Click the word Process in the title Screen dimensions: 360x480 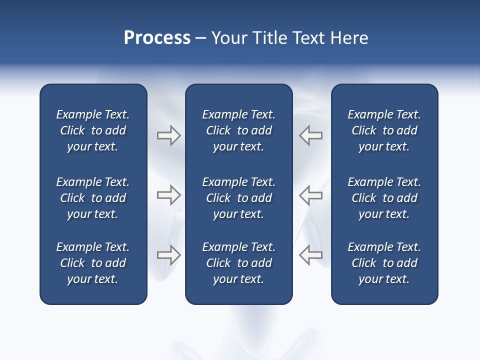point(157,38)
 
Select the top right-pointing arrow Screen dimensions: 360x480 point(168,135)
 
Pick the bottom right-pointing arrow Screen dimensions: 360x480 point(168,254)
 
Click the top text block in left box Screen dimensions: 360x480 point(93,130)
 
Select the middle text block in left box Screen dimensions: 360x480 point(93,198)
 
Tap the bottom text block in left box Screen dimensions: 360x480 point(93,263)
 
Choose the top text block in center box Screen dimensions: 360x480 point(238,130)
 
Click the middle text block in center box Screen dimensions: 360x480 point(238,198)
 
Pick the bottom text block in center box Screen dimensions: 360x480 point(238,263)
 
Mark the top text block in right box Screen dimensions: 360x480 point(384,130)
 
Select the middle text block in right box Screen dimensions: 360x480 point(384,198)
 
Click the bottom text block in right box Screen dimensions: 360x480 point(384,263)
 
